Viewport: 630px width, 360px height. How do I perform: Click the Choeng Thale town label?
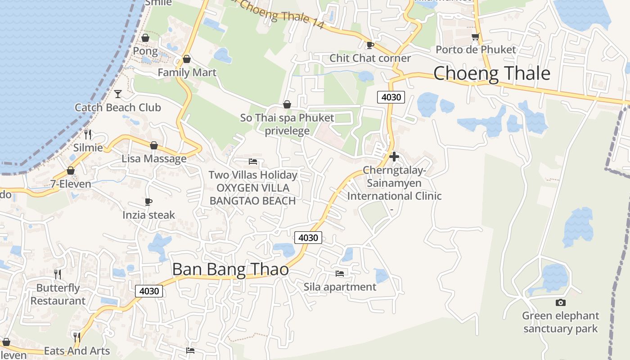point(491,73)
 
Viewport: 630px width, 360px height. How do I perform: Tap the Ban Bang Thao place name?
point(230,269)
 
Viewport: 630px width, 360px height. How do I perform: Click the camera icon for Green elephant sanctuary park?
point(560,302)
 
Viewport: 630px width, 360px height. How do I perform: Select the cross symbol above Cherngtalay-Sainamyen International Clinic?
point(394,157)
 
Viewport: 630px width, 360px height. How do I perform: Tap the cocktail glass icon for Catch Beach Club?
point(118,94)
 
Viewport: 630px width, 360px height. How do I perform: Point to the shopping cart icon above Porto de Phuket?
point(475,36)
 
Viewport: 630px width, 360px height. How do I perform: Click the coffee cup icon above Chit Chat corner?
point(370,45)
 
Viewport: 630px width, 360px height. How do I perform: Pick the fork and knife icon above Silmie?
point(88,134)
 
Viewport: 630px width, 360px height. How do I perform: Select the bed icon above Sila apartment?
point(340,273)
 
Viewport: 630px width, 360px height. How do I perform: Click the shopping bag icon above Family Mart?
point(187,59)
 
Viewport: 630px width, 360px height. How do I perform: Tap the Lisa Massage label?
point(154,158)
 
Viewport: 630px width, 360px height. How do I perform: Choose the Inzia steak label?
point(148,215)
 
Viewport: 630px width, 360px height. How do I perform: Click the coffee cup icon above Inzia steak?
point(148,202)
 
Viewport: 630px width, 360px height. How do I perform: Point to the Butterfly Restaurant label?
point(58,294)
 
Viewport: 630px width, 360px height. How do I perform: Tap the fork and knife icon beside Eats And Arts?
point(77,337)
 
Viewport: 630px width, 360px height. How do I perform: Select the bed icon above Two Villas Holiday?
point(253,161)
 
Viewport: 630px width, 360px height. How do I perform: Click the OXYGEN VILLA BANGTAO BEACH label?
point(253,194)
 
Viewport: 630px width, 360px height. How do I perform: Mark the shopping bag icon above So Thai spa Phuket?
point(287,104)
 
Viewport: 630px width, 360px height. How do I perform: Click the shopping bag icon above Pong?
point(145,38)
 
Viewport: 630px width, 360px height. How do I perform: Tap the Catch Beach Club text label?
point(118,108)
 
